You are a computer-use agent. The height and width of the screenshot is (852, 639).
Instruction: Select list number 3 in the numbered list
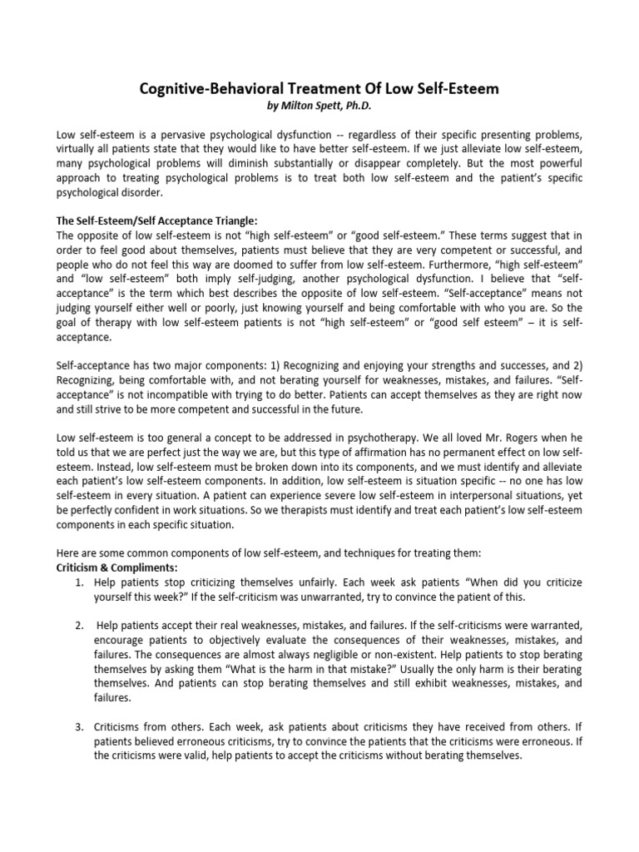[x=79, y=727]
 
